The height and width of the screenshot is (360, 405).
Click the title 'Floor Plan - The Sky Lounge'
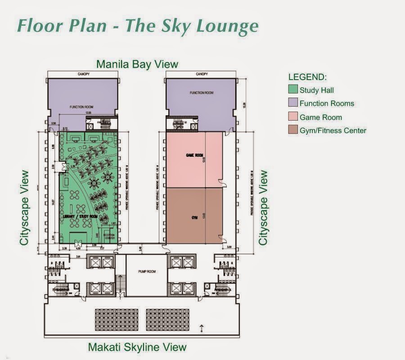pos(137,26)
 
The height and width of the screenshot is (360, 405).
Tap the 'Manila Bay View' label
pos(137,64)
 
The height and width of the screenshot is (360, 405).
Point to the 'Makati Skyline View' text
pos(137,347)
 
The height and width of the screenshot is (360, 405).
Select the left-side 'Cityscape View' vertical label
pos(24,207)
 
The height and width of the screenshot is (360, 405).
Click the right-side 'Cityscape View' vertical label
pos(263,207)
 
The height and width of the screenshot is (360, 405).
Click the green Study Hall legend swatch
pos(293,90)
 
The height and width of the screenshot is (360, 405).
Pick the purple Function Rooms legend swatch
pos(293,103)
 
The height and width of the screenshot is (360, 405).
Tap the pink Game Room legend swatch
pos(293,117)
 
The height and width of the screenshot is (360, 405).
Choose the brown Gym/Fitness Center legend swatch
pos(293,130)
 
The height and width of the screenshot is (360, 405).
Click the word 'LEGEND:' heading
pos(307,77)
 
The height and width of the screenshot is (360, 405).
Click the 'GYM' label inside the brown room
pos(194,217)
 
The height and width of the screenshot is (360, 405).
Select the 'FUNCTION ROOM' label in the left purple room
pos(81,107)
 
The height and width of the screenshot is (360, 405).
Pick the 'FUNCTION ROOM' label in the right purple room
pos(201,93)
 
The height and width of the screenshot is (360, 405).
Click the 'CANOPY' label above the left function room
pos(83,74)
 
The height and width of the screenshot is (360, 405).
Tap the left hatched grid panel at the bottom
pos(117,320)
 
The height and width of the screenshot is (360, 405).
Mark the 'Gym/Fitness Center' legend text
pos(333,130)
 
